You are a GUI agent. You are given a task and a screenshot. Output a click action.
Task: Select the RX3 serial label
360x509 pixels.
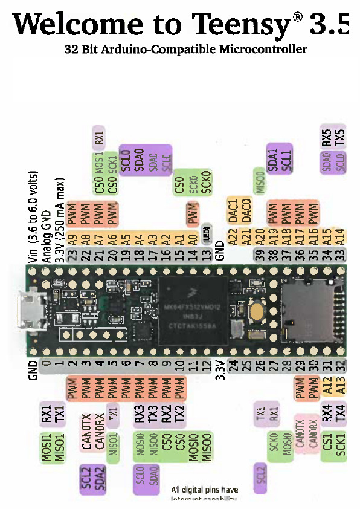[140, 415]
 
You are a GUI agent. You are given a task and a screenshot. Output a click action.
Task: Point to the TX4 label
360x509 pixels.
[340, 414]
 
